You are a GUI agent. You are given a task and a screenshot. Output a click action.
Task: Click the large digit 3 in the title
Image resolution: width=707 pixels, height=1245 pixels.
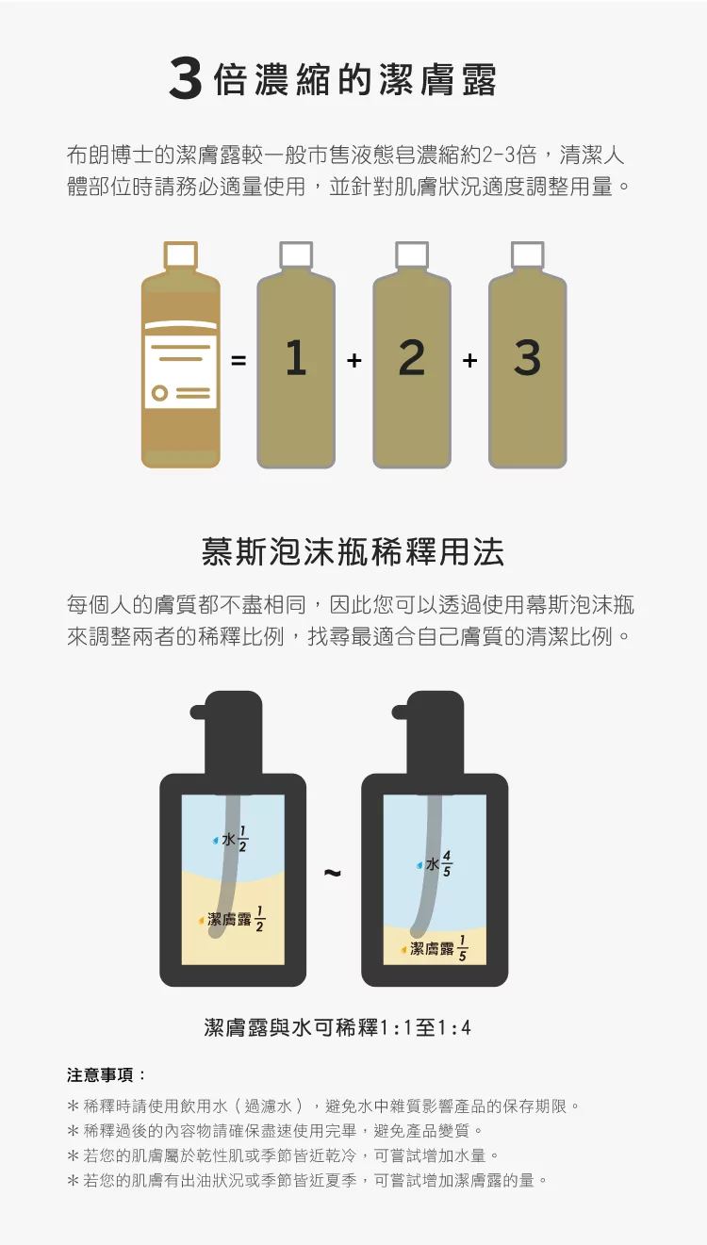(185, 79)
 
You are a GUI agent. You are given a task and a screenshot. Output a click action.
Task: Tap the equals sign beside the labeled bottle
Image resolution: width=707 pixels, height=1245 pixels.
(238, 361)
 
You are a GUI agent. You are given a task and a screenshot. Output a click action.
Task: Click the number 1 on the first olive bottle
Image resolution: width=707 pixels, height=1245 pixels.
(296, 358)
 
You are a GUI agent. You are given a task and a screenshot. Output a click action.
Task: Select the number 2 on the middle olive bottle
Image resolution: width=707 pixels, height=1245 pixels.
(411, 358)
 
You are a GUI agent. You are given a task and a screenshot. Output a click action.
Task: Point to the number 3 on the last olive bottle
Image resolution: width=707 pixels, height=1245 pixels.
(528, 358)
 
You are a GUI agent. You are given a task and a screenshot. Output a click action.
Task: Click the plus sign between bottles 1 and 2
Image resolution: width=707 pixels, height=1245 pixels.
(354, 361)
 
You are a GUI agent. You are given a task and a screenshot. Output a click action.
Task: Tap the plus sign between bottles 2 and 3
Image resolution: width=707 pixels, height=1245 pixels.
(469, 361)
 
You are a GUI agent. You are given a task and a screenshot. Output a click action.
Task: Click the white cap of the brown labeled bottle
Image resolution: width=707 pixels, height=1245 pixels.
(181, 254)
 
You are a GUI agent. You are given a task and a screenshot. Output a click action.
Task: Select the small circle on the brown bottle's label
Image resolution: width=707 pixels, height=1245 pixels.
(159, 393)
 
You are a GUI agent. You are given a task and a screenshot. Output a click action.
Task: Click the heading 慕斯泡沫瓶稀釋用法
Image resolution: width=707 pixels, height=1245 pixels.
(353, 552)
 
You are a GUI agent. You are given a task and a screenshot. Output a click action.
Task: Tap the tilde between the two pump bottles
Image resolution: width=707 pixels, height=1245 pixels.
(332, 873)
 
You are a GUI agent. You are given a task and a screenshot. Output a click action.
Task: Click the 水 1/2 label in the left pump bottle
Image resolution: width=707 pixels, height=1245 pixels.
(230, 839)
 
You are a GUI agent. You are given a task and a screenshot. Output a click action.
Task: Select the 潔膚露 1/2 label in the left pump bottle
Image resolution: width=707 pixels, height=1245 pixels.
(232, 919)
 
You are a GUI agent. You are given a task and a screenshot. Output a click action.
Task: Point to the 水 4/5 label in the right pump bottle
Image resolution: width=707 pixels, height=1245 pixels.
(434, 863)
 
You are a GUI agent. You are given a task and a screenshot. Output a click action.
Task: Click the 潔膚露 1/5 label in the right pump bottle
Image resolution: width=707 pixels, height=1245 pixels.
(434, 948)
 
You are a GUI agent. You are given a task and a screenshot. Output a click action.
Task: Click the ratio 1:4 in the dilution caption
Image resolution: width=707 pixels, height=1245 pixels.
(454, 1027)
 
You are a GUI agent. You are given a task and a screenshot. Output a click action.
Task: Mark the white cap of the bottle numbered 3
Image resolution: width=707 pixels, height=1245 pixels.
(528, 254)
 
